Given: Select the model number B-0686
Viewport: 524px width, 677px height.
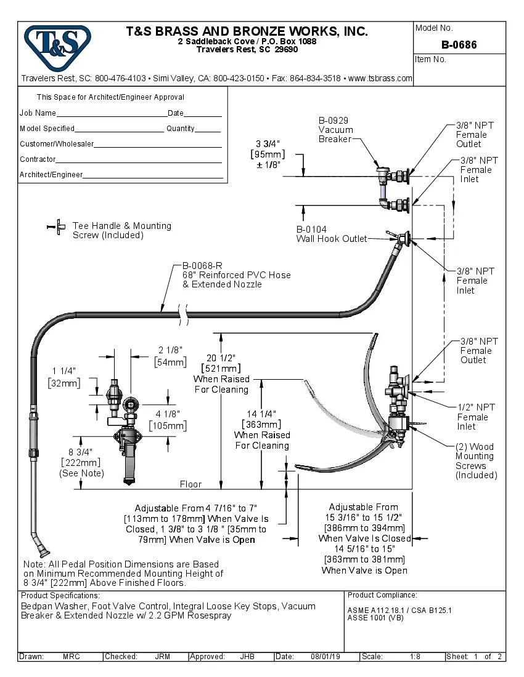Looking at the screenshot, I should [x=459, y=45].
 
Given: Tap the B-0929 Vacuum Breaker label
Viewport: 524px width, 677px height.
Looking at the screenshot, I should [x=335, y=130].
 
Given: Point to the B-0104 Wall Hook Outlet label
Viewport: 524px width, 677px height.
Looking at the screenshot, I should [x=331, y=234].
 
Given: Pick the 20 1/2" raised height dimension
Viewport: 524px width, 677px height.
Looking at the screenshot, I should [x=221, y=358].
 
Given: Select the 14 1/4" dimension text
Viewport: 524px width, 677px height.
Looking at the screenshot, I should [x=262, y=414].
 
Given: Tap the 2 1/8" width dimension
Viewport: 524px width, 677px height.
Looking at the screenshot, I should [x=169, y=350].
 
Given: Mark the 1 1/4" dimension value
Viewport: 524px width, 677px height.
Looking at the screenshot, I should [x=63, y=371].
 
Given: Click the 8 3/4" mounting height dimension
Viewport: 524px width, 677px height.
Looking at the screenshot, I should [x=76, y=452].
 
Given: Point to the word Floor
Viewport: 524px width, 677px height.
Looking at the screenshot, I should [x=190, y=484].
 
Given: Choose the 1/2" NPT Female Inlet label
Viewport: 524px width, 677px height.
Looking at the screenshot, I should [x=475, y=417].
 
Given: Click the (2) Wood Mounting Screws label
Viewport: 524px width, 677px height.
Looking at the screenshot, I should [x=476, y=461].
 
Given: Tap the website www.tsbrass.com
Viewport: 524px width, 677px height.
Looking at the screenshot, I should [x=380, y=78].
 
